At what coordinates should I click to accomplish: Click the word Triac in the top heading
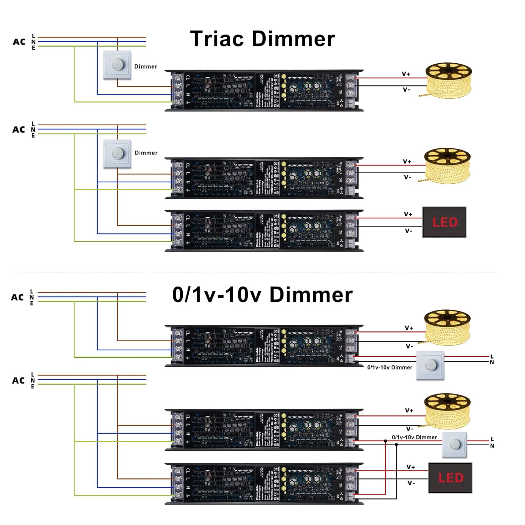click(x=217, y=38)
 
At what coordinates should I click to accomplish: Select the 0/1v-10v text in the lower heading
click(x=217, y=295)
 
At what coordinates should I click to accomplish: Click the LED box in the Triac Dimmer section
click(x=444, y=222)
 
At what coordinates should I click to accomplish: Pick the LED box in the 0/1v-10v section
click(x=450, y=478)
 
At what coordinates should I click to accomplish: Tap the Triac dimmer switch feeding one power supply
click(x=117, y=65)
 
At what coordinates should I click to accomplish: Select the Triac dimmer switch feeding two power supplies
click(x=117, y=154)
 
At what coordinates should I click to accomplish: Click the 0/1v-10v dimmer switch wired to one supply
click(x=430, y=366)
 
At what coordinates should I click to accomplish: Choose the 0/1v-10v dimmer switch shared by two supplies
click(x=454, y=445)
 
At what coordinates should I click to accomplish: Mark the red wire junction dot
click(x=385, y=441)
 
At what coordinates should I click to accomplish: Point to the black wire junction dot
click(x=396, y=445)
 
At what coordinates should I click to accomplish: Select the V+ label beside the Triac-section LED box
click(x=408, y=214)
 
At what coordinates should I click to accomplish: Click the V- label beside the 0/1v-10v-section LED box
click(x=411, y=483)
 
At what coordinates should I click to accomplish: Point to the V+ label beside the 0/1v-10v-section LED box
click(x=411, y=467)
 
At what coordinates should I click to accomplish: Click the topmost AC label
click(x=19, y=42)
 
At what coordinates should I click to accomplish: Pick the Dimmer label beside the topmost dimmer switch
click(x=146, y=66)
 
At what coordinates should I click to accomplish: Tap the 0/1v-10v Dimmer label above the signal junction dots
click(x=414, y=437)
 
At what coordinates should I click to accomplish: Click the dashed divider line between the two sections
click(x=254, y=272)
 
